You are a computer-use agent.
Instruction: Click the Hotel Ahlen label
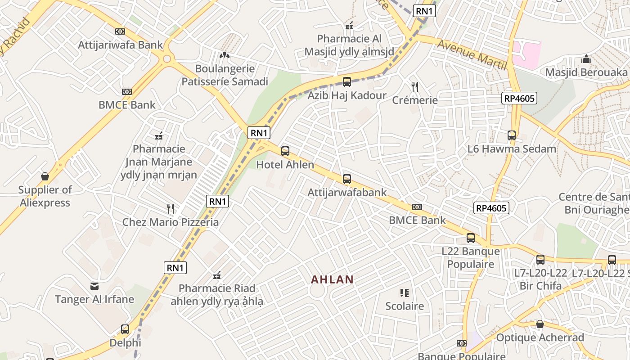pos(285,165)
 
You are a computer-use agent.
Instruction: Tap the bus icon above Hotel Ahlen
pos(285,151)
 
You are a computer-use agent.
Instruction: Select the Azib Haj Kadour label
pos(346,95)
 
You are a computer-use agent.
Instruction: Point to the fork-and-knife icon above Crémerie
pos(415,86)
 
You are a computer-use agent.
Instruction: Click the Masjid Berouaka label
pos(586,72)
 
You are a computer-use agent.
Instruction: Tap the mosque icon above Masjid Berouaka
pos(586,59)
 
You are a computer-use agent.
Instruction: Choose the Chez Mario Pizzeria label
pos(171,222)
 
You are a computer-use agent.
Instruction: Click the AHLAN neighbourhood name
pos(332,279)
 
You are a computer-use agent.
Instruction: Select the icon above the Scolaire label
pos(404,293)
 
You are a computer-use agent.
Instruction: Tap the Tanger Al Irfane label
pos(94,299)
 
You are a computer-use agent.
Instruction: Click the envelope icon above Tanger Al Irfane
pos(94,286)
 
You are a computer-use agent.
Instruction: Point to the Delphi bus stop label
pos(125,343)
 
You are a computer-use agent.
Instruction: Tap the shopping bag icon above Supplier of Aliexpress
pos(45,176)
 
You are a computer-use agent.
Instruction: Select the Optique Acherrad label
pos(540,337)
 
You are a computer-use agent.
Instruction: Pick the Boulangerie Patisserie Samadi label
pos(224,75)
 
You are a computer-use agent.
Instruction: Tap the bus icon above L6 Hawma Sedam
pos(512,135)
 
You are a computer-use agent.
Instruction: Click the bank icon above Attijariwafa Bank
pos(120,31)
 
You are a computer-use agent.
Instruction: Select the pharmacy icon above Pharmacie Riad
pos(217,275)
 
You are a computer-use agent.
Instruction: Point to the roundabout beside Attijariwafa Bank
pos(167,58)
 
